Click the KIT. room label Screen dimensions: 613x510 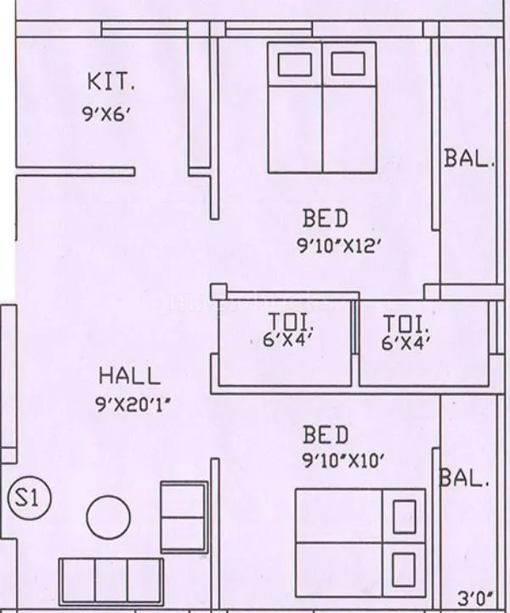point(110,82)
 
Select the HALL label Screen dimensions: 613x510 point(129,375)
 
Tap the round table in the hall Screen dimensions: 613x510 point(108,515)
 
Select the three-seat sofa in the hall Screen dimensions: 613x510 point(110,581)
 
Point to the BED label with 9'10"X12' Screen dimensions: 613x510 point(326,219)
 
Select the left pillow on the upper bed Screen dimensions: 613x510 point(294,65)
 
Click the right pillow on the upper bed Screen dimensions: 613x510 point(347,65)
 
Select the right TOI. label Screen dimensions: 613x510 point(406,324)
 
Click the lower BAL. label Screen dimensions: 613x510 point(464,479)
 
